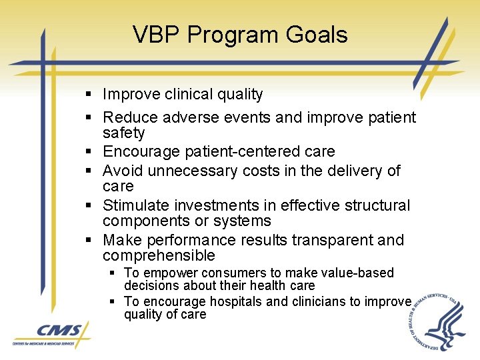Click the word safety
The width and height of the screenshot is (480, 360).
[123, 133]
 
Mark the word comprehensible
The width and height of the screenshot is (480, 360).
[159, 255]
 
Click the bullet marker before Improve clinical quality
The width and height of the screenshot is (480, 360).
[90, 95]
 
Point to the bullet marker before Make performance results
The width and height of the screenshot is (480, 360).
[90, 241]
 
